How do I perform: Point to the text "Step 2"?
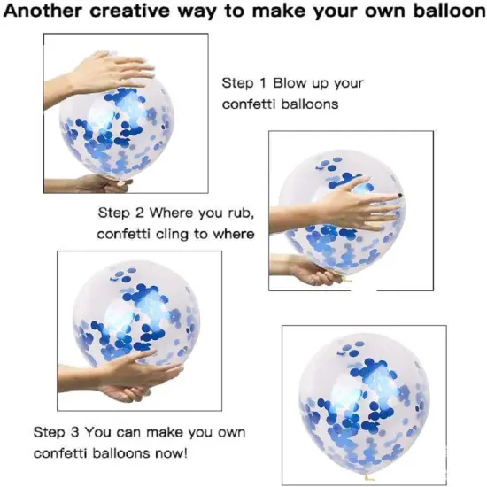[120, 213]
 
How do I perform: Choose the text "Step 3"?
[56, 432]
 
